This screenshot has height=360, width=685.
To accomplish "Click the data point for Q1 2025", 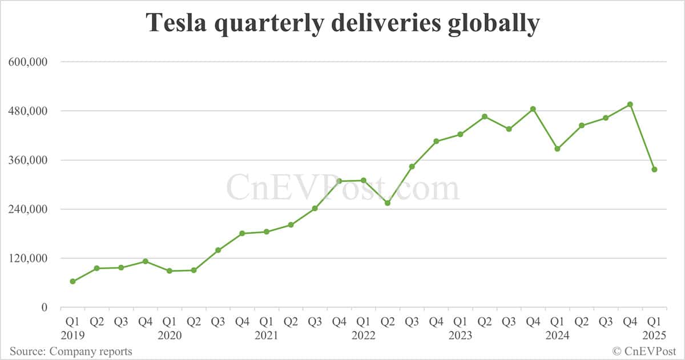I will click(654, 169).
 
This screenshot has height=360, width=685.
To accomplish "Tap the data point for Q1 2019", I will click(72, 281).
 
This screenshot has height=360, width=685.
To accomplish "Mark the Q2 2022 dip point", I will click(388, 203).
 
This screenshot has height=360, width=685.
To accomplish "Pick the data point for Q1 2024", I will click(557, 149).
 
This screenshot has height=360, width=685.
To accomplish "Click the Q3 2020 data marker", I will click(218, 250).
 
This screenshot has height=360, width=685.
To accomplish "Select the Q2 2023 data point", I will click(485, 116).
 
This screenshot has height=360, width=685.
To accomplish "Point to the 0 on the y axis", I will click(43, 308).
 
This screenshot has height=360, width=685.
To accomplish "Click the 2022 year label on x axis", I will click(364, 335).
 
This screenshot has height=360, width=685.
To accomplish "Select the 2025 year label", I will click(654, 335).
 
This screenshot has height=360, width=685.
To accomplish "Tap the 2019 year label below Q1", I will click(72, 335).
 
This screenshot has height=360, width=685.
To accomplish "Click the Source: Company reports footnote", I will click(71, 351).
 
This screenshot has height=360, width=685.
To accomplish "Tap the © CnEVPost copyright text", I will click(644, 351).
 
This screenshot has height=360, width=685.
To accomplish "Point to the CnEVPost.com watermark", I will click(342, 188).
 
